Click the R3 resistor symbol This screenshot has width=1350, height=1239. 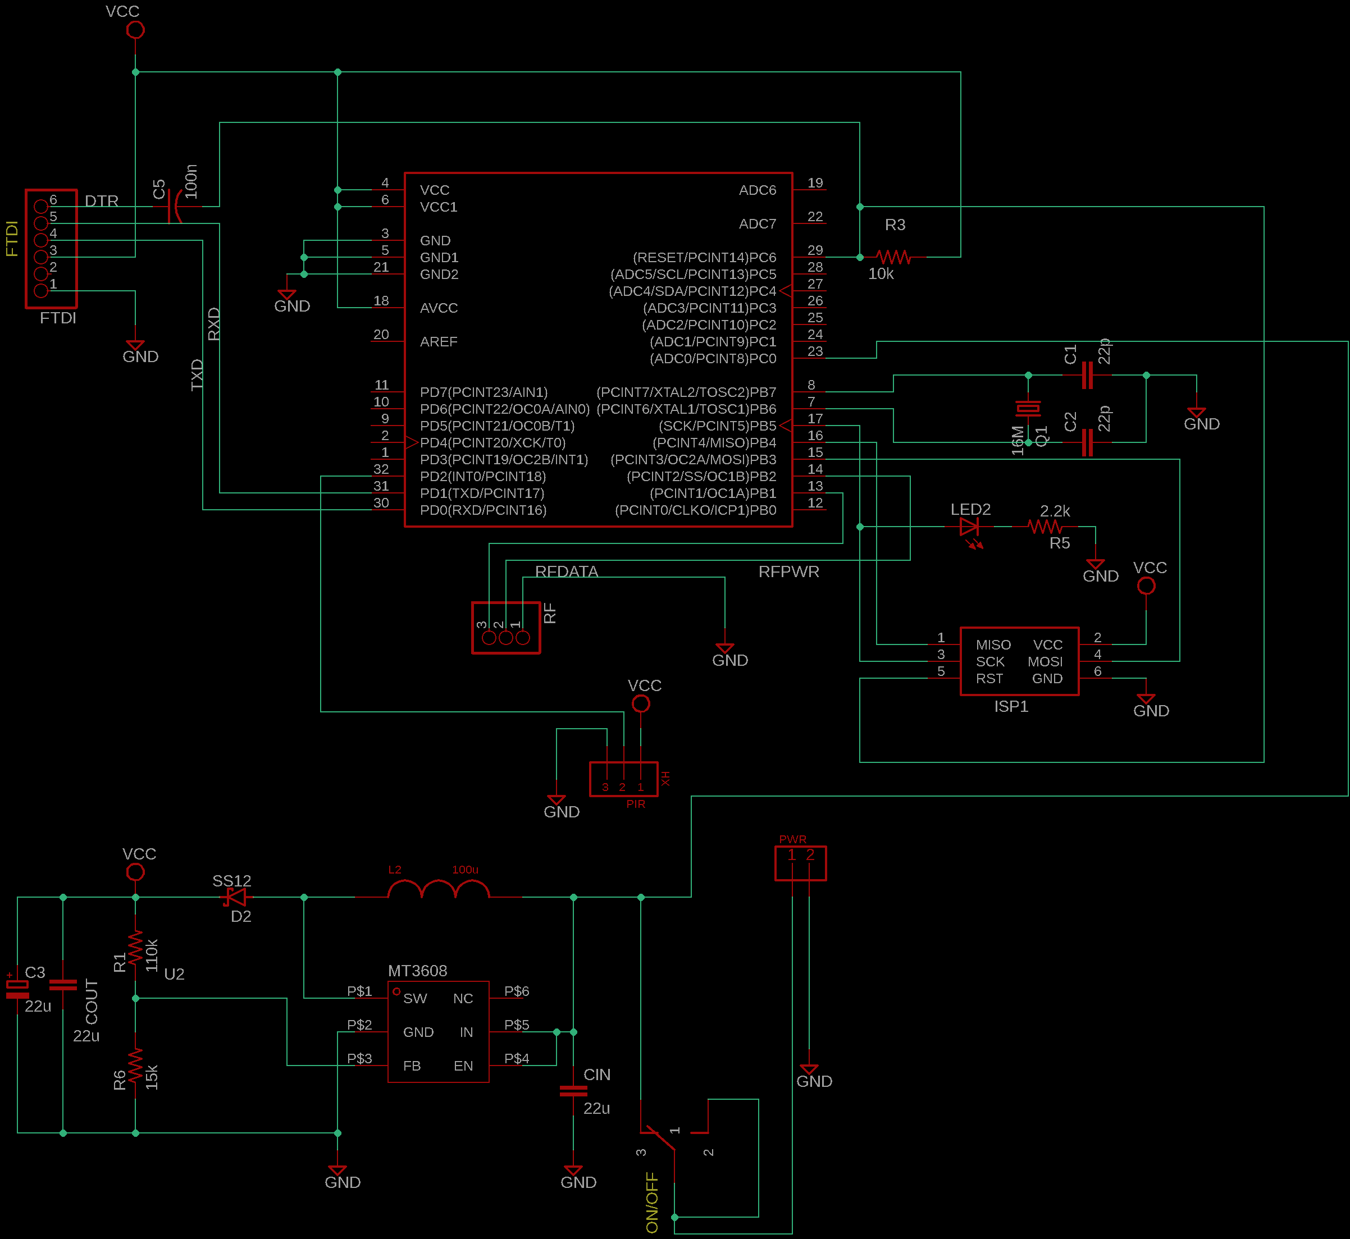(x=893, y=257)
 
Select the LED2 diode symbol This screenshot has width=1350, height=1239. (x=969, y=527)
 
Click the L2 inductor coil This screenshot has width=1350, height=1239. (x=439, y=890)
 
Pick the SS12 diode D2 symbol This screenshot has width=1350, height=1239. (x=235, y=897)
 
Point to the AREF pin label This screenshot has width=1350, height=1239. (x=439, y=342)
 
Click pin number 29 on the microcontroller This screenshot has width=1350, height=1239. (x=815, y=250)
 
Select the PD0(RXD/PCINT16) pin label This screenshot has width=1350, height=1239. (x=483, y=510)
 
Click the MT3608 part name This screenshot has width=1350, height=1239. (x=417, y=971)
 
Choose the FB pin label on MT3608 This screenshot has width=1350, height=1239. (x=412, y=1066)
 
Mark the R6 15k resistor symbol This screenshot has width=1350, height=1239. (x=135, y=1066)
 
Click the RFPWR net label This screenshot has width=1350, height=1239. (x=788, y=572)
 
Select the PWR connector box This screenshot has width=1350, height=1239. (x=800, y=863)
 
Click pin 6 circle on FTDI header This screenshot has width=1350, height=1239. (x=41, y=207)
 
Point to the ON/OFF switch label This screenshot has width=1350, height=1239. (x=652, y=1202)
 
